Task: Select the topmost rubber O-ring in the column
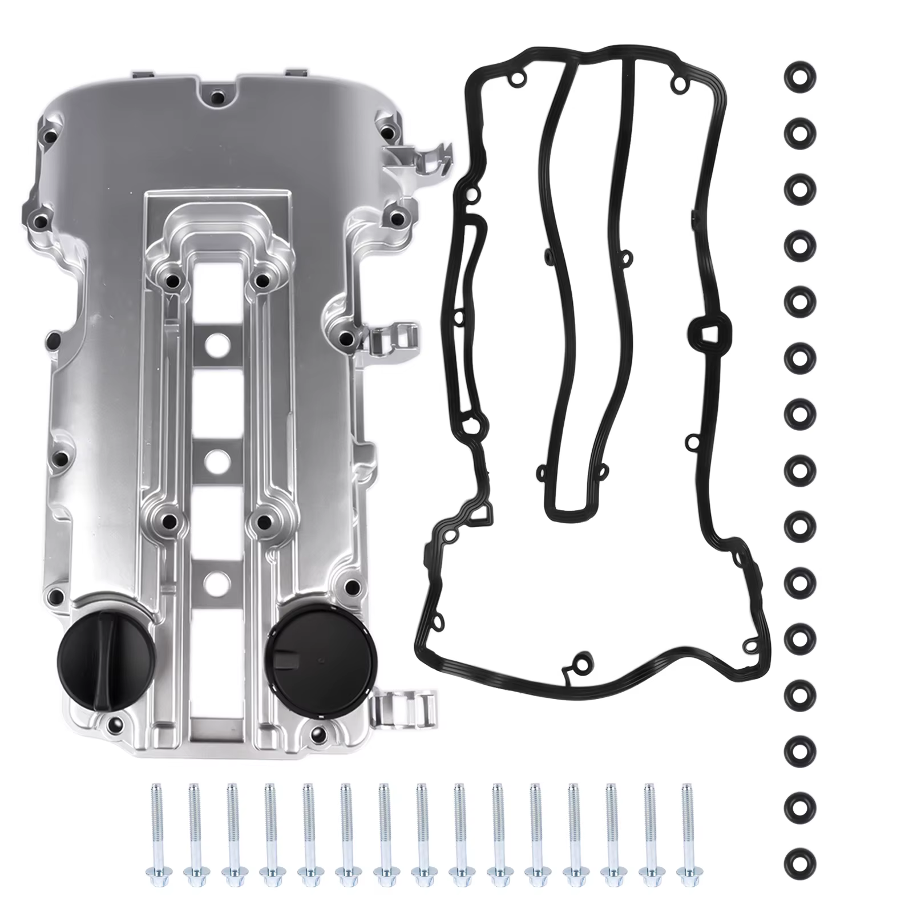point(799,76)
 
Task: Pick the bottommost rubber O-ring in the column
point(799,861)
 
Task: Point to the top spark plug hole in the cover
point(218,344)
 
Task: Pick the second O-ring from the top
point(799,132)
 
